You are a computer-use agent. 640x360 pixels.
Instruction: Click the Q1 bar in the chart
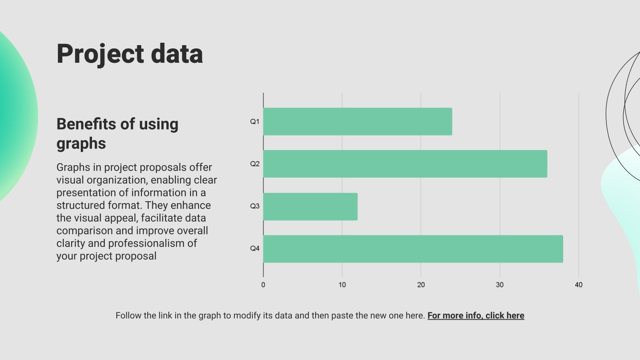(358, 122)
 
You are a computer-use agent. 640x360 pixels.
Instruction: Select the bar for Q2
(405, 164)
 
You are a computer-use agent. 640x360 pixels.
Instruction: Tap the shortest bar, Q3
(310, 206)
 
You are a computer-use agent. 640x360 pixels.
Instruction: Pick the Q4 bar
(413, 249)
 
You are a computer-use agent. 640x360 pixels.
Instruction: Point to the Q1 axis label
(255, 122)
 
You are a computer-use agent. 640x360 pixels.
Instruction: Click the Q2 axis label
(255, 164)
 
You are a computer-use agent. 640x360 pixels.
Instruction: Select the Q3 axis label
(255, 206)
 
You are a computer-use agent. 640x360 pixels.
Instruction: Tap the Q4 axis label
(255, 248)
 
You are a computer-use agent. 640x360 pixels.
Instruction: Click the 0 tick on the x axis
(263, 285)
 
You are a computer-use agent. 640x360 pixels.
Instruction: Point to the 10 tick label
(342, 285)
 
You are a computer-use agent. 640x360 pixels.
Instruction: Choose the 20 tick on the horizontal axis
(421, 285)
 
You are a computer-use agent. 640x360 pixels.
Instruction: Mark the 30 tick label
(500, 285)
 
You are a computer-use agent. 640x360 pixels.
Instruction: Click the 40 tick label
(578, 285)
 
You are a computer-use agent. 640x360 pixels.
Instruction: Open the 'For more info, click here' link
(476, 316)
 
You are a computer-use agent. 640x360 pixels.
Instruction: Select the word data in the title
(177, 54)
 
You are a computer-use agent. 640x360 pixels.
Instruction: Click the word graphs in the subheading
(81, 143)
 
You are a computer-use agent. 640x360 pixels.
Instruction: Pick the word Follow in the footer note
(128, 316)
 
